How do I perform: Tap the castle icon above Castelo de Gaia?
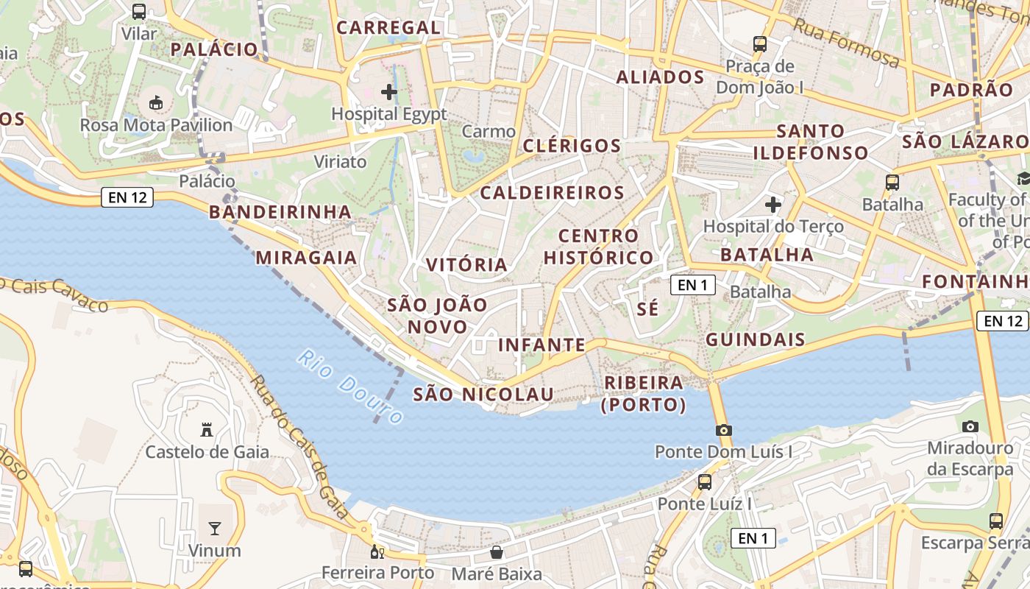(x=207, y=429)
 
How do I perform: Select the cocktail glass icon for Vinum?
(x=214, y=528)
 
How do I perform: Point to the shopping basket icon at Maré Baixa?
(x=497, y=552)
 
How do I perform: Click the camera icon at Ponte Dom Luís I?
(x=723, y=430)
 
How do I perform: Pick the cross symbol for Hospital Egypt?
(x=388, y=92)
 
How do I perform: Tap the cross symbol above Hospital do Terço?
(x=772, y=204)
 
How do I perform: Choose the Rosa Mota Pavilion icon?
(x=156, y=102)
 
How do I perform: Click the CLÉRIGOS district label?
(x=572, y=146)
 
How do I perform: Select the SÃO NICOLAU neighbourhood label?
(x=483, y=395)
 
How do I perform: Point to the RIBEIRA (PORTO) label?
(x=644, y=394)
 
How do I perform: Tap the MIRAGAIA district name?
(x=306, y=258)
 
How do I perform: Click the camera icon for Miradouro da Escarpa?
(x=970, y=426)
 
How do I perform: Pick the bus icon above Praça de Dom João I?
(x=760, y=44)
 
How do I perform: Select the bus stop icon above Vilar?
(x=139, y=12)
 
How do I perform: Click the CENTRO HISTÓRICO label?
(x=598, y=247)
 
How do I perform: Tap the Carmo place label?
(x=489, y=132)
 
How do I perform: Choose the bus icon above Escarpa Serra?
(x=995, y=521)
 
